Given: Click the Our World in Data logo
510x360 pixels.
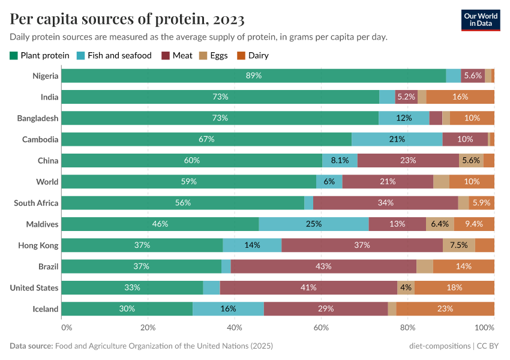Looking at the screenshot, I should point(481,20).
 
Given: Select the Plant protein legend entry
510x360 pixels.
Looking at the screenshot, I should point(40,56).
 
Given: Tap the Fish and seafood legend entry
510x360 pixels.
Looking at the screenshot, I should point(115,56).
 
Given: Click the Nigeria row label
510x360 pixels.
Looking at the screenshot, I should point(46,76).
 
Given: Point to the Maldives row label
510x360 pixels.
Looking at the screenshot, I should point(42,224).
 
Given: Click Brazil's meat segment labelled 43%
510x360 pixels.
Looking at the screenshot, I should point(323,266).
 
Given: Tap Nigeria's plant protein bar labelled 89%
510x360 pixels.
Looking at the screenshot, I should point(253,76).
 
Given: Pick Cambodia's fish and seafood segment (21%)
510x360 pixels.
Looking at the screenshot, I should point(397,139).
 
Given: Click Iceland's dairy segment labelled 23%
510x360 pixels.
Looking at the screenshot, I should point(445,309).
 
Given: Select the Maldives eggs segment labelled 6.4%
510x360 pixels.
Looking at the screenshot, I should point(440,224).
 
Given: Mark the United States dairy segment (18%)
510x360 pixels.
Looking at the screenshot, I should point(454,287).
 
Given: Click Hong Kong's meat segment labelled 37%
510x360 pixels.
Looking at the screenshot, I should point(362,245).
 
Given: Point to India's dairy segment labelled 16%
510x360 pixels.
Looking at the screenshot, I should point(460,97).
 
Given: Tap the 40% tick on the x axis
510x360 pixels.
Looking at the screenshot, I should point(235,328).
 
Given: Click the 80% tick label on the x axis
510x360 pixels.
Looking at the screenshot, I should point(408,328).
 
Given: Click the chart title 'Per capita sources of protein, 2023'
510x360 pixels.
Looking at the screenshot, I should point(127,19).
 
